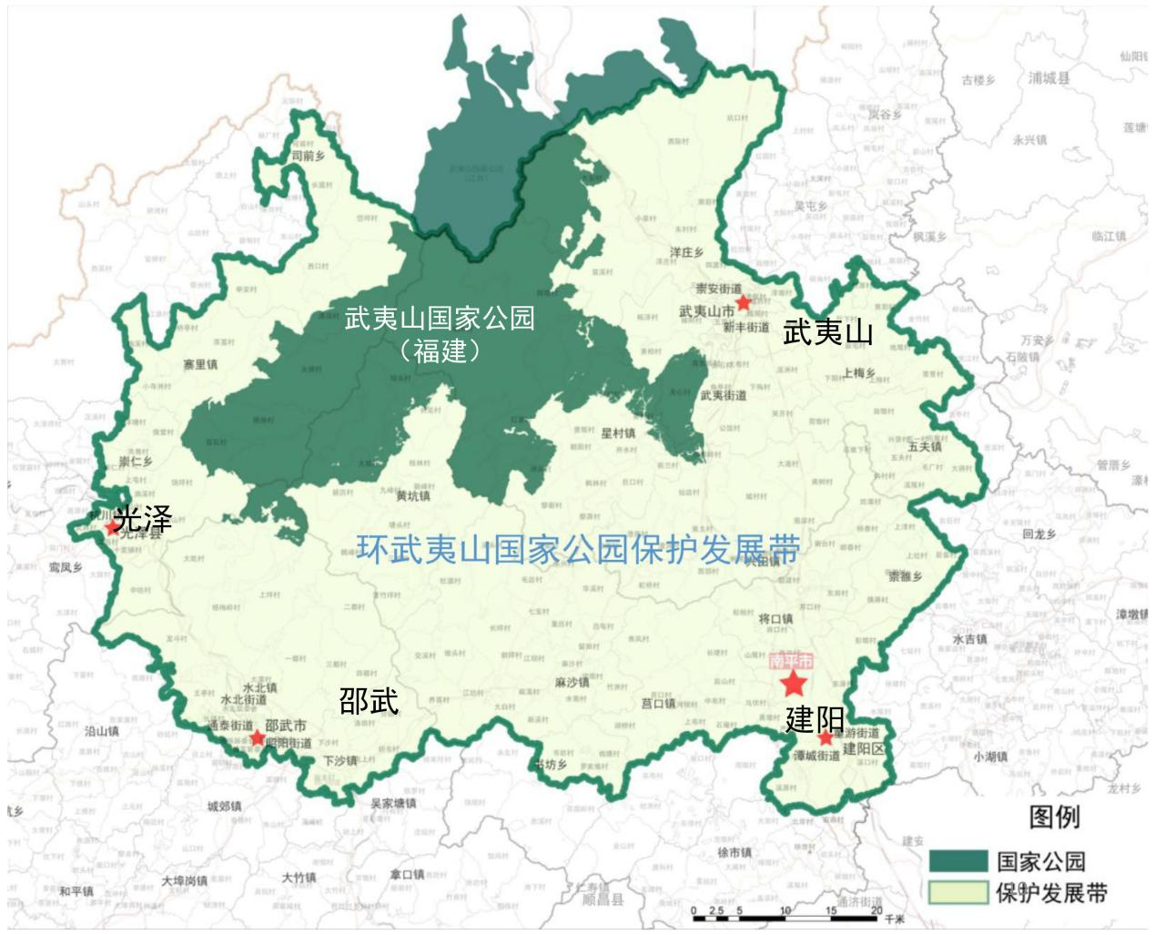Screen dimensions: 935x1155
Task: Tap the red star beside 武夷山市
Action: pos(744,302)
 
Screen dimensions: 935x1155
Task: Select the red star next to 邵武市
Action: pos(258,737)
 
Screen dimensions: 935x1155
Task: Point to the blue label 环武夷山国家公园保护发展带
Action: pos(578,549)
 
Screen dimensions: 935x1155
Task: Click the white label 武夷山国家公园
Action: pos(440,319)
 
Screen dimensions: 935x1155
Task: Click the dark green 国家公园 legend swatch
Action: pos(957,860)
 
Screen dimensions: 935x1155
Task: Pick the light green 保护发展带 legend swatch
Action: pos(957,892)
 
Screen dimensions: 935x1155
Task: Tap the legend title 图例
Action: pos(1054,817)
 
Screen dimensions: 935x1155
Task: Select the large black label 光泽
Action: pos(143,519)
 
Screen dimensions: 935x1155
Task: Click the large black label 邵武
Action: pos(369,701)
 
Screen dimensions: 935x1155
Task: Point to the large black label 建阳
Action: pos(815,719)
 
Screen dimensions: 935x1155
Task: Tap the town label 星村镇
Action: pos(618,433)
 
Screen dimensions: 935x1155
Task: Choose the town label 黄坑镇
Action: pos(413,496)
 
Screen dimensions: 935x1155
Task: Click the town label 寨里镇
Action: pos(200,365)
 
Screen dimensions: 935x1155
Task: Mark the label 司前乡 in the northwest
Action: pos(308,156)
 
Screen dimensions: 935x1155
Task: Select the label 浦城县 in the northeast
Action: pos(1049,78)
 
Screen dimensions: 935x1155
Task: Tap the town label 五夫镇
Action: pos(925,447)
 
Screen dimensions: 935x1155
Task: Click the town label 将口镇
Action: pos(775,619)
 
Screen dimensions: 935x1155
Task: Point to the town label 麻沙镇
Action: pos(572,682)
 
